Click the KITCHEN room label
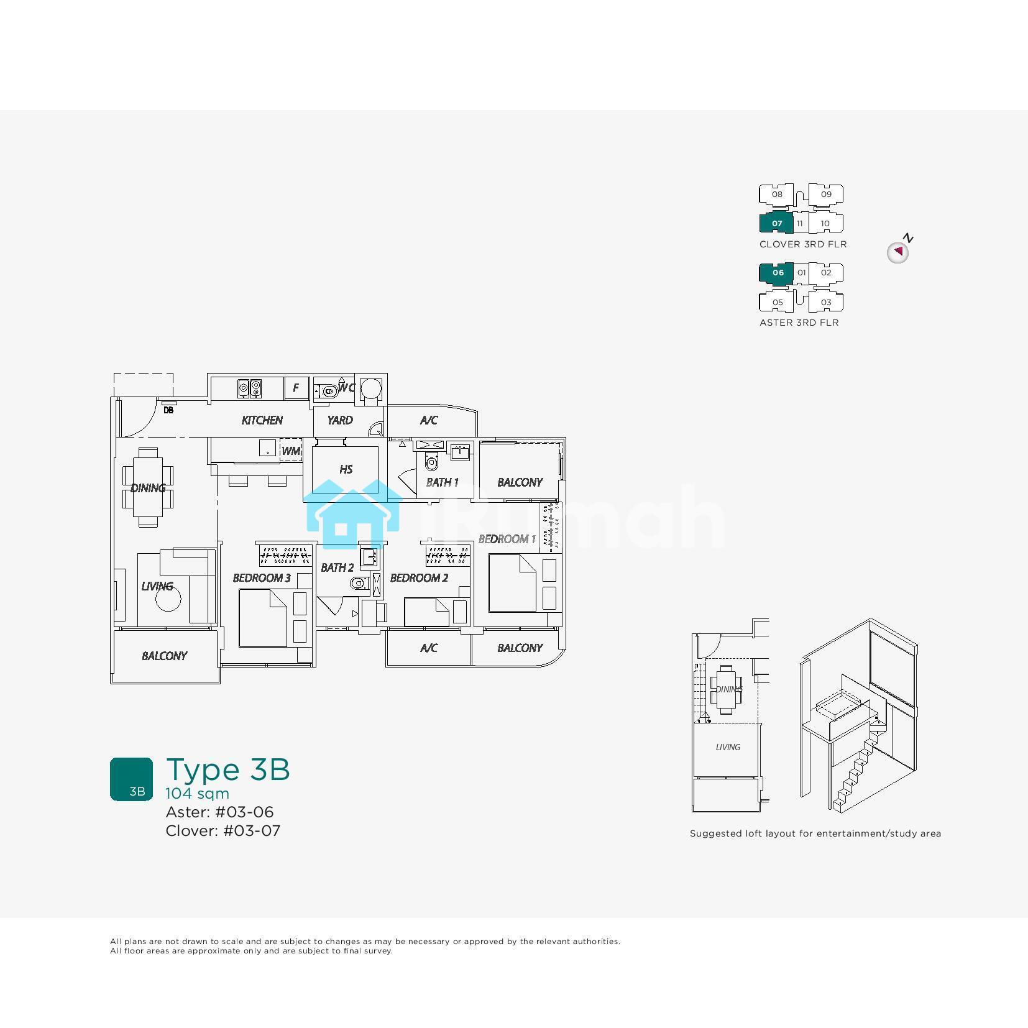(262, 420)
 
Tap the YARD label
(340, 420)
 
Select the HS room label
(346, 469)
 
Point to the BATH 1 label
(442, 482)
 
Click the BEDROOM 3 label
(262, 578)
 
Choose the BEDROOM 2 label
(419, 578)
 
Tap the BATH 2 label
(337, 567)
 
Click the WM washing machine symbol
(291, 451)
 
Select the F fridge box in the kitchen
(296, 388)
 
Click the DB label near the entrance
(168, 410)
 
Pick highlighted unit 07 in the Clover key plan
(776, 223)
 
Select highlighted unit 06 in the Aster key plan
(777, 273)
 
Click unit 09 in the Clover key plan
(826, 194)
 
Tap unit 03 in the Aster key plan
(826, 303)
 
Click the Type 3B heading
(228, 769)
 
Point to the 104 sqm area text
(197, 794)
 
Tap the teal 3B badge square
(131, 779)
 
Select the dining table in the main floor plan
(148, 487)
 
